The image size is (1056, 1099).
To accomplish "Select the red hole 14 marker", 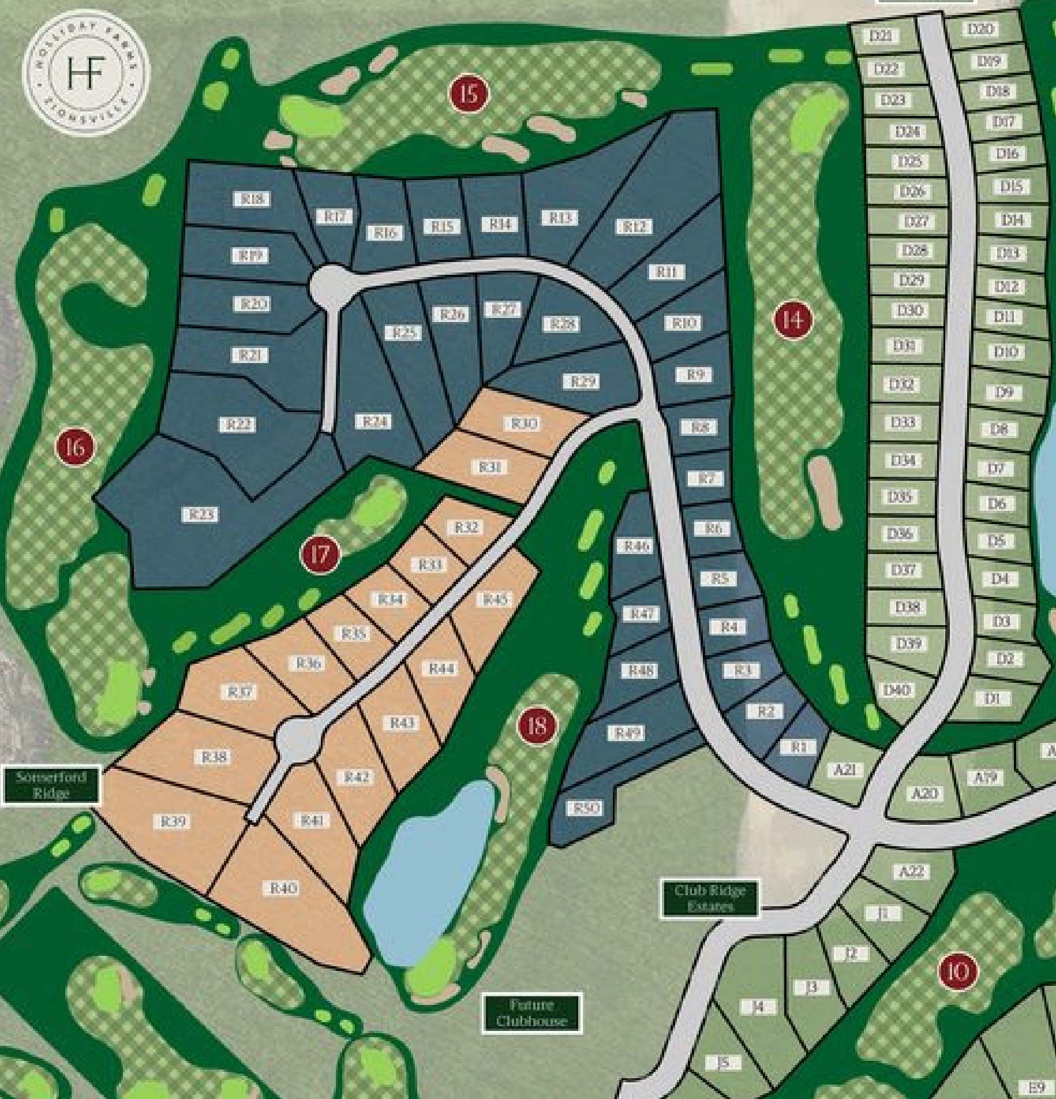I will [793, 319].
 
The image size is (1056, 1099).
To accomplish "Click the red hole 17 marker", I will [320, 555].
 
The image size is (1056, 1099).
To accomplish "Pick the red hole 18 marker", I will [537, 725].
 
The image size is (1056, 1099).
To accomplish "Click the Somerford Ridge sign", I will [51, 785].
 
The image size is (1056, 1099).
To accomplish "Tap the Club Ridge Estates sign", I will [709, 899].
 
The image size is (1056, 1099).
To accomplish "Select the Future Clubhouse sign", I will [531, 1013].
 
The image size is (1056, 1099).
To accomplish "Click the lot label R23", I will [200, 514].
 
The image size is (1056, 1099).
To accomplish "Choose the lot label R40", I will [283, 888].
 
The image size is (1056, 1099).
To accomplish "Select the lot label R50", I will [586, 808].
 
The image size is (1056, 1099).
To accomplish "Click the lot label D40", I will [896, 689].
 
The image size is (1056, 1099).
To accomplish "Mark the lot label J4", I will [758, 1007].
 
